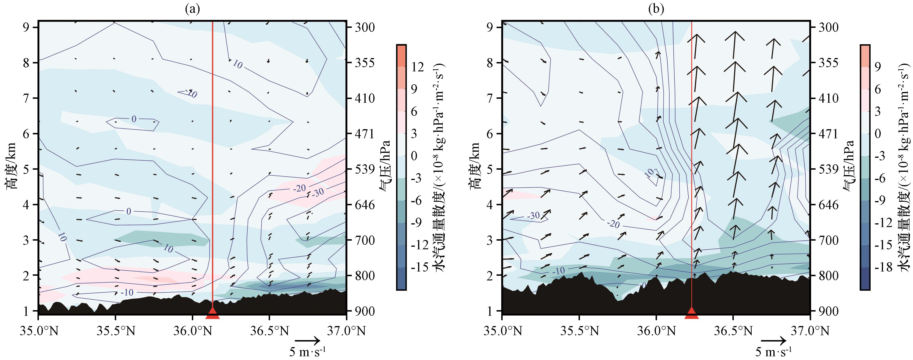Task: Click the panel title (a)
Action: (193, 9)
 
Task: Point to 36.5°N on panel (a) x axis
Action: (269, 331)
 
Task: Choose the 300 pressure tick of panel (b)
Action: (829, 27)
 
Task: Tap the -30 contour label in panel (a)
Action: (318, 192)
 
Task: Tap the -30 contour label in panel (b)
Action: (533, 215)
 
